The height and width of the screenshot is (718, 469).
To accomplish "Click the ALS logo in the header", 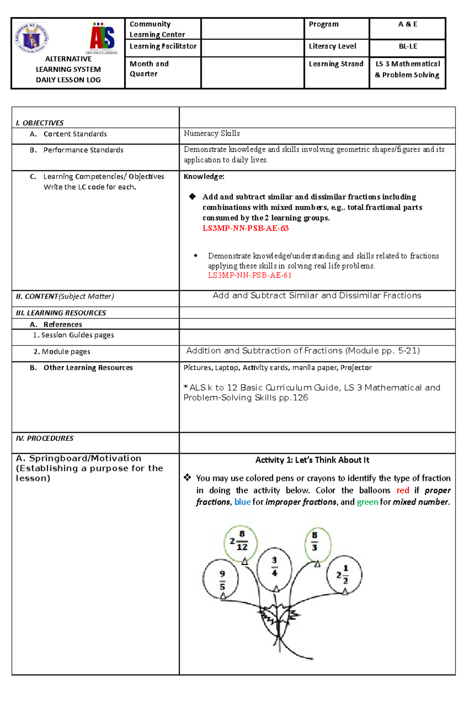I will coord(102,38).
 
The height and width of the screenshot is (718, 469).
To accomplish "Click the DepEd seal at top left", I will coord(32,38).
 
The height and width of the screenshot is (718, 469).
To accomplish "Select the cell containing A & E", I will coord(407,25).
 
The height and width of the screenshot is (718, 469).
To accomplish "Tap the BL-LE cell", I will coord(408,47).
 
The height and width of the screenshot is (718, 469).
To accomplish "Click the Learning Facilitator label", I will coord(163,47).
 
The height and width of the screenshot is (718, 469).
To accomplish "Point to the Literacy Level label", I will coord(332,47).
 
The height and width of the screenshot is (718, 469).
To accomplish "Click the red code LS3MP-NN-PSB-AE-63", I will coord(245,229).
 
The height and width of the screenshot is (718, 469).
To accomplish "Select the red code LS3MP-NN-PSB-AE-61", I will coord(249,275).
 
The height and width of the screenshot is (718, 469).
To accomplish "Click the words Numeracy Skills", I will coord(212,134).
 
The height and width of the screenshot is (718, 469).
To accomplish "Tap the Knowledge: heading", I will coord(204,177).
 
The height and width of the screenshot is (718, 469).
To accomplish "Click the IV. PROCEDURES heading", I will coord(44,439).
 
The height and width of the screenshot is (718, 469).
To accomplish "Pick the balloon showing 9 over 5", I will coord(221,579).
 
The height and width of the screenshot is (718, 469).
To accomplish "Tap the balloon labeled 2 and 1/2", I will coord(344,574).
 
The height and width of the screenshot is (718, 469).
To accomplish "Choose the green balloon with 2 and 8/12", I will coord(240,542).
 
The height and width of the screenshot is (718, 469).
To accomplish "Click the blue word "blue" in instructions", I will coord(242,502).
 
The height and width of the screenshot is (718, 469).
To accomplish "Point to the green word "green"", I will coord(367,502).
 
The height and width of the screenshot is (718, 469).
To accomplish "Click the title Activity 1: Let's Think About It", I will coord(312,460).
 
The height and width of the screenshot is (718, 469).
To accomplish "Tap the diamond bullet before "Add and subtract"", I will coord(192,197).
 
